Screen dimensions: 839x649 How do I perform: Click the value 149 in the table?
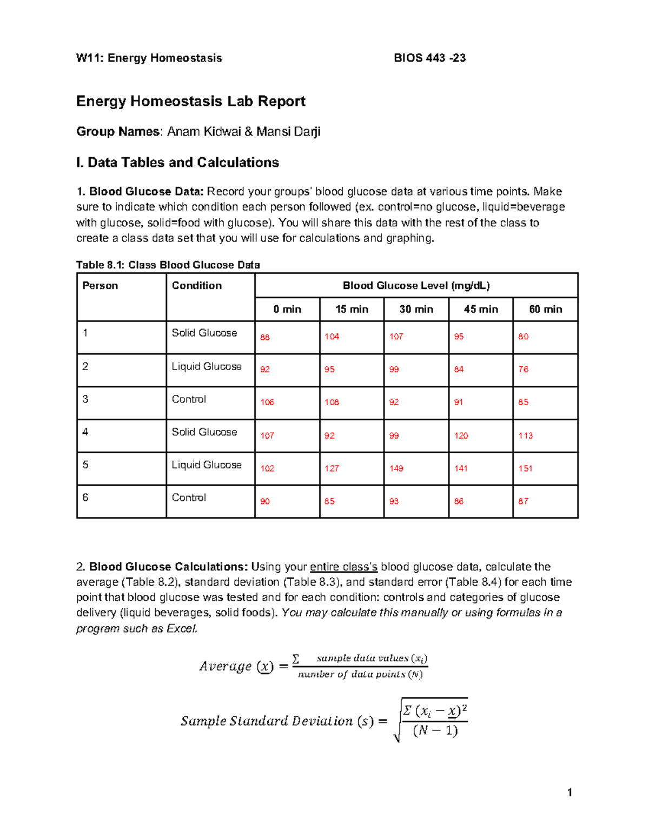click(396, 468)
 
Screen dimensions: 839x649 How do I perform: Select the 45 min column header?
click(480, 309)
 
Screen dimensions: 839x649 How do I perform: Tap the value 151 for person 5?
click(525, 468)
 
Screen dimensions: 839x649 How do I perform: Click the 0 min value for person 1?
click(264, 337)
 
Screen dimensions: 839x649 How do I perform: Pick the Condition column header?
click(196, 285)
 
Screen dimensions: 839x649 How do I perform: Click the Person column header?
click(100, 285)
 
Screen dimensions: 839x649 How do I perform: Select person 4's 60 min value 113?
click(525, 435)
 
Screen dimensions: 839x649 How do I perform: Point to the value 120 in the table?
click(461, 435)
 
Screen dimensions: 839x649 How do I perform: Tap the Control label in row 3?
click(189, 399)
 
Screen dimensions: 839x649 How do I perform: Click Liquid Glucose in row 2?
click(206, 366)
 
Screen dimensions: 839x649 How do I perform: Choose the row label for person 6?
click(85, 498)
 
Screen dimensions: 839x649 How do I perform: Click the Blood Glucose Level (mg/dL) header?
click(416, 285)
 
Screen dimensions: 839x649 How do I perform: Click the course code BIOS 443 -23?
click(429, 58)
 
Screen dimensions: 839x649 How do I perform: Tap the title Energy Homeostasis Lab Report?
click(190, 101)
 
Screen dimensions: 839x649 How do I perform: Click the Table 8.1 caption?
click(168, 265)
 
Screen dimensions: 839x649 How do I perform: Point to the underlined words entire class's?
click(343, 567)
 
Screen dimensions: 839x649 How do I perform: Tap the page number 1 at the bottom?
click(569, 793)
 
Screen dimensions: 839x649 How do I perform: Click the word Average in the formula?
click(225, 666)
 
